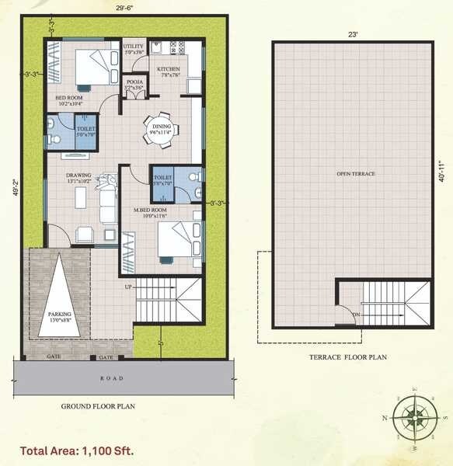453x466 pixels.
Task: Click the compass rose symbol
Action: [x=413, y=416]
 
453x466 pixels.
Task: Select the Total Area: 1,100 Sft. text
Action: [x=77, y=450]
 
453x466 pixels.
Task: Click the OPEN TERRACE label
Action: [x=355, y=173]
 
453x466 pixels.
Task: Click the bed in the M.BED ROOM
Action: [x=176, y=238]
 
